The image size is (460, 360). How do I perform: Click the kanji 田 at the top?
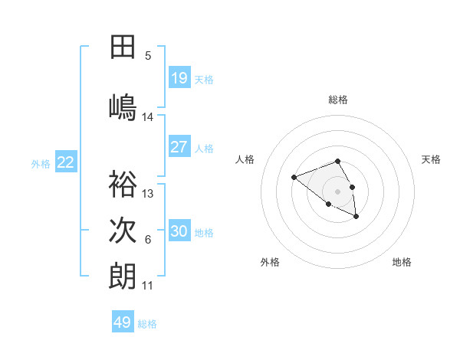123,47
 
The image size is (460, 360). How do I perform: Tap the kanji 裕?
123,184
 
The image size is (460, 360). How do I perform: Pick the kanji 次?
123,231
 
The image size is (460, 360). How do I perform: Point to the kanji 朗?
123,277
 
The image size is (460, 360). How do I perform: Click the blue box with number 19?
179,78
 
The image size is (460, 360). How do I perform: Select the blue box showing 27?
179,147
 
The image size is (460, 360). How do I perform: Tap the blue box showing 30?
179,231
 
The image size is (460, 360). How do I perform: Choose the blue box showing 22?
66,162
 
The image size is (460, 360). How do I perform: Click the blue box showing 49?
123,322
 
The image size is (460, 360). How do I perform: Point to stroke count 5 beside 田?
148,55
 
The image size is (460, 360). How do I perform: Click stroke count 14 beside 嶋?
148,117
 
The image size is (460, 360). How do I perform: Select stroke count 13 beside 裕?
148,194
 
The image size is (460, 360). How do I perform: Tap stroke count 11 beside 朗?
148,286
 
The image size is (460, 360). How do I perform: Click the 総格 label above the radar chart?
338,100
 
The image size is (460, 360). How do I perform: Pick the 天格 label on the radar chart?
432,159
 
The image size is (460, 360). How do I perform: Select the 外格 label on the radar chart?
270,262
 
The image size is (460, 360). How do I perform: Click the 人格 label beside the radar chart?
245,159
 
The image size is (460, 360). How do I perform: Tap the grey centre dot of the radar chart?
337,191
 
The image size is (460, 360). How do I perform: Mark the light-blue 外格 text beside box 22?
41,163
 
